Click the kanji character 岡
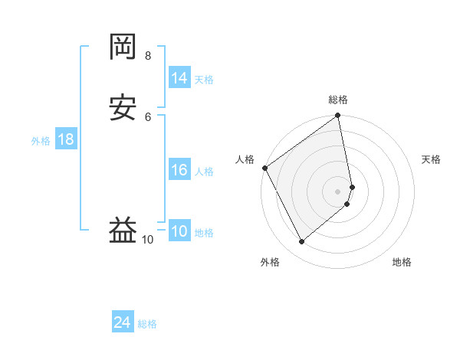[123, 48]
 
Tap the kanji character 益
[123, 229]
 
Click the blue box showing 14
[179, 78]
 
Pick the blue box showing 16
[179, 170]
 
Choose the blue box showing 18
[66, 139]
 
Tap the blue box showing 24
[123, 322]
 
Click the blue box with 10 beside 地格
[179, 231]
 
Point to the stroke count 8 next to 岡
[148, 56]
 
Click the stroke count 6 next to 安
[148, 116]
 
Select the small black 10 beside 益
[148, 240]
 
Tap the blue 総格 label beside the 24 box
[147, 324]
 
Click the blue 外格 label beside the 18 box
[41, 141]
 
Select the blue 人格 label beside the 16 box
[204, 172]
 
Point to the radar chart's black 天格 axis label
[431, 159]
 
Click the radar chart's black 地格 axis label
[402, 262]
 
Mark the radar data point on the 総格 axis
[337, 116]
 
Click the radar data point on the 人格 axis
[265, 168]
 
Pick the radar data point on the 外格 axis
[301, 242]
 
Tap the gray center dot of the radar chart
[338, 191]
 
